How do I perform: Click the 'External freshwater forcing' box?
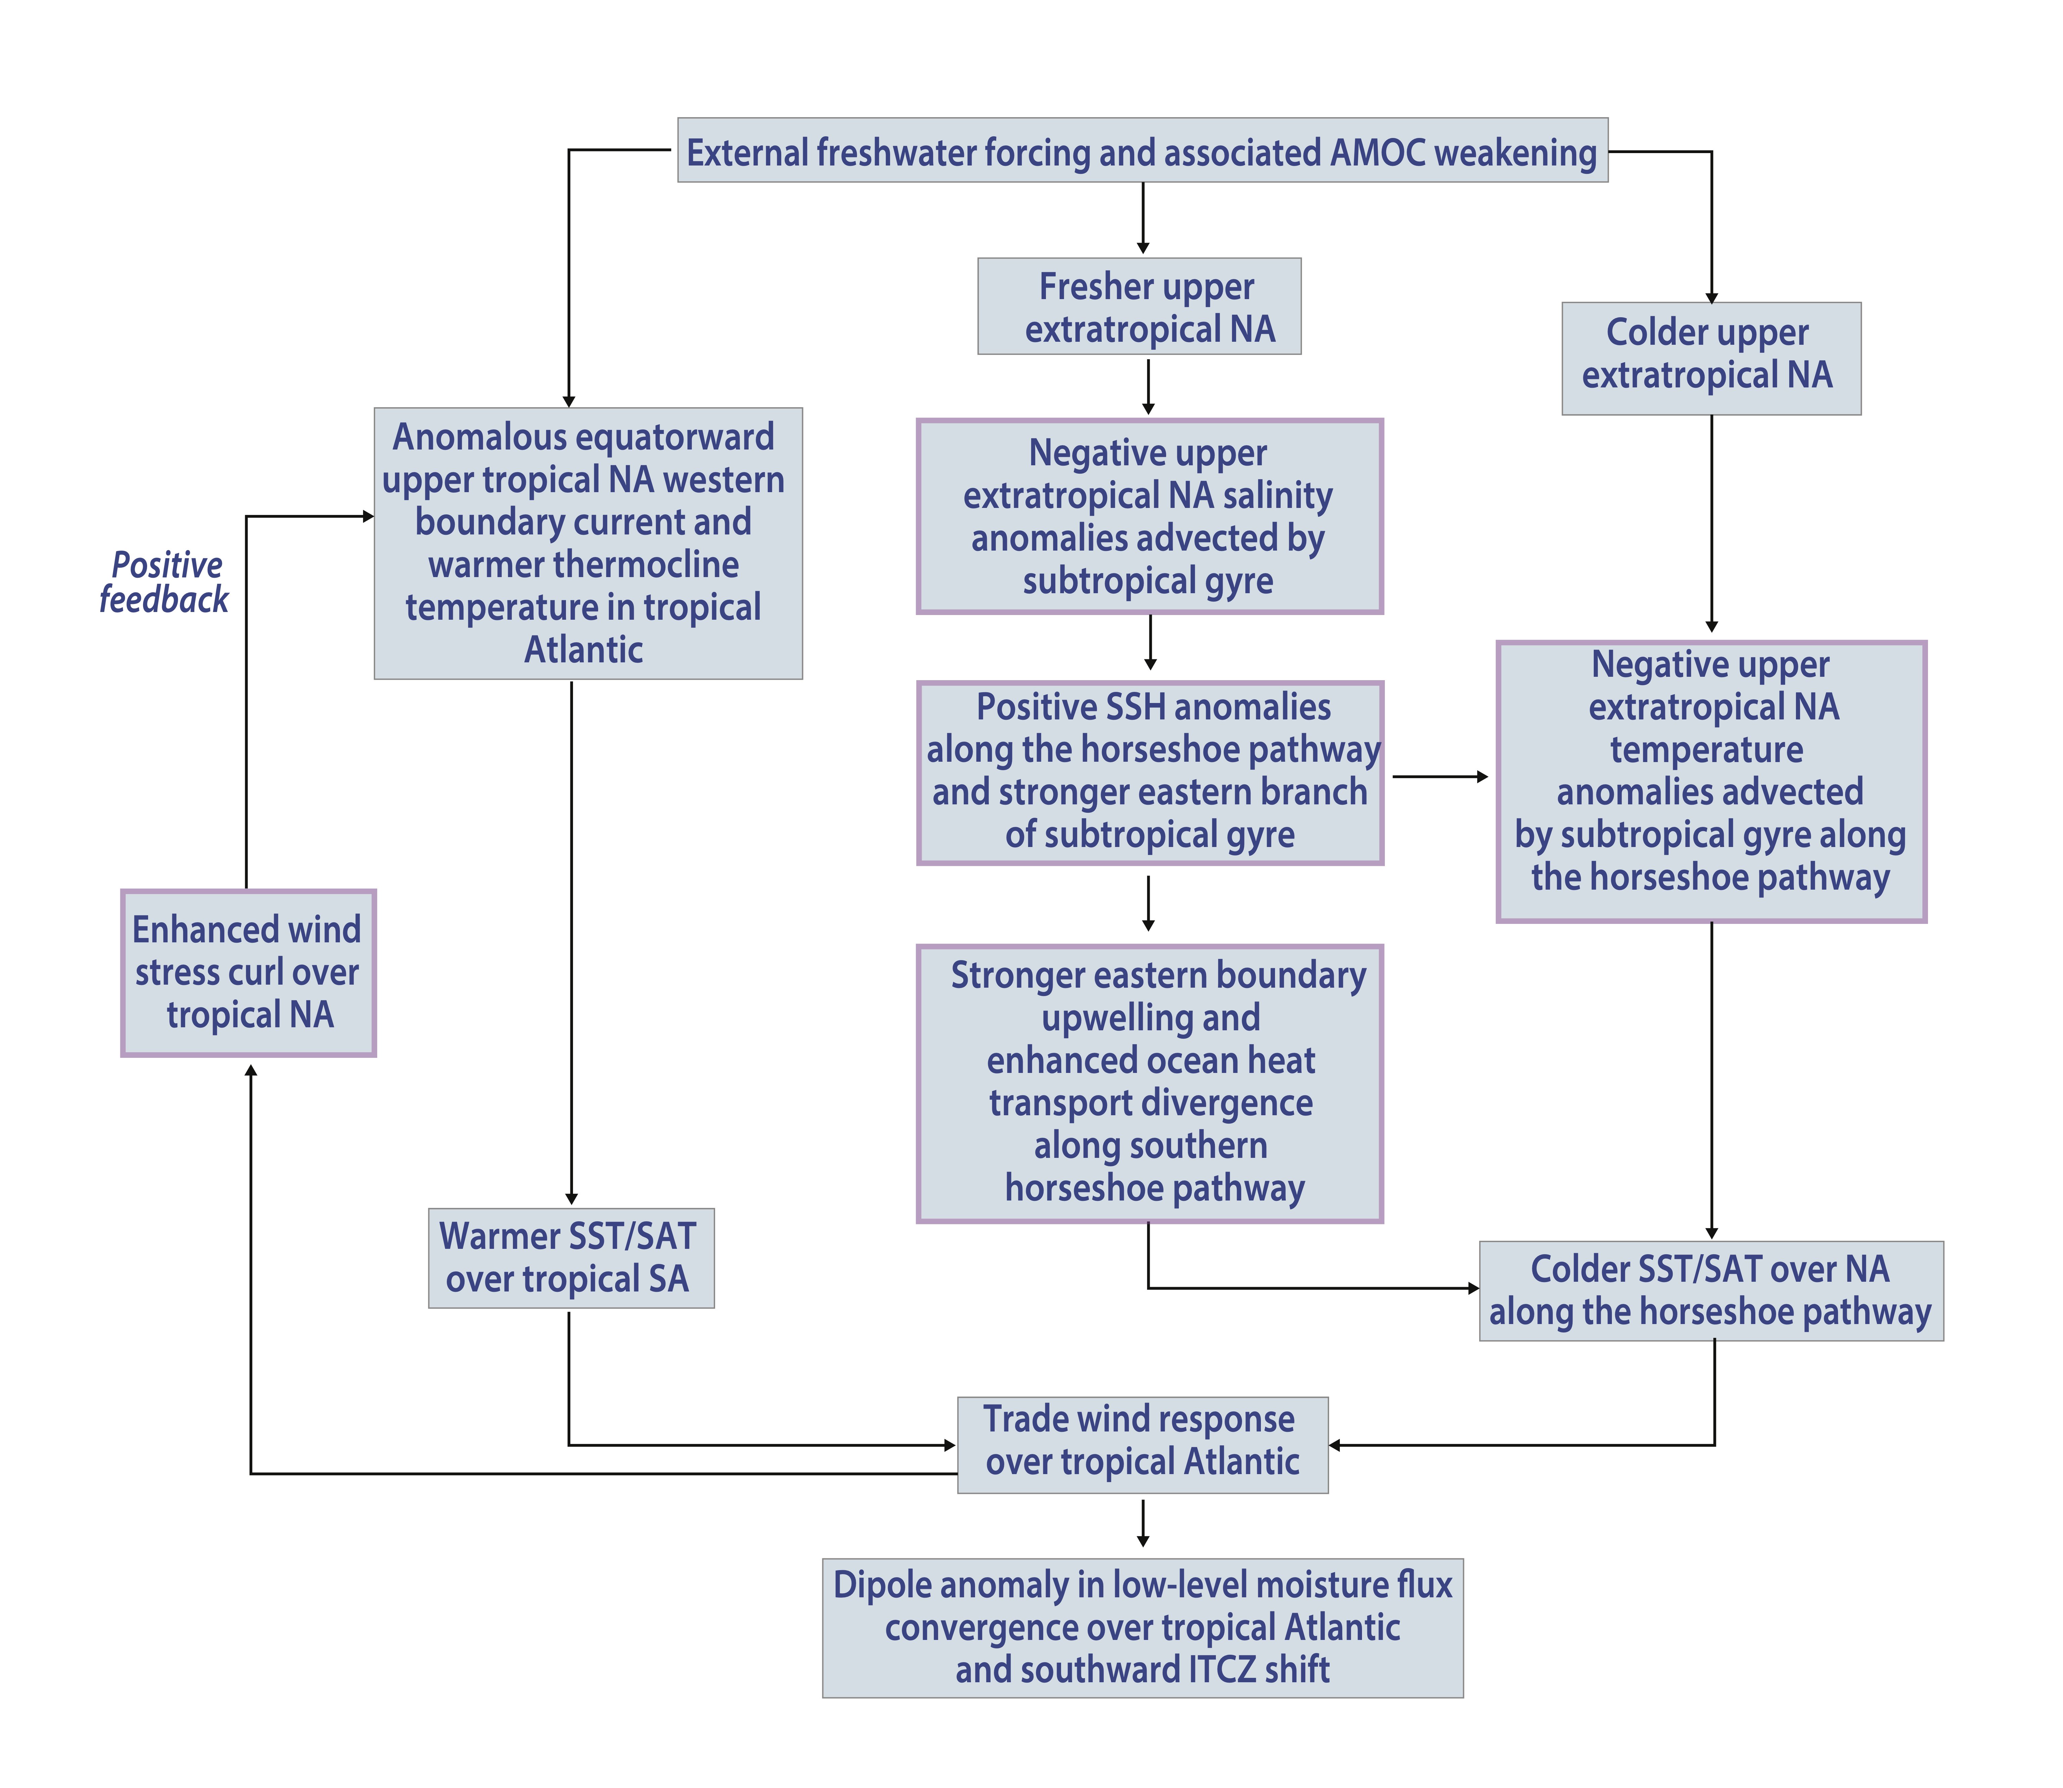pos(1143,150)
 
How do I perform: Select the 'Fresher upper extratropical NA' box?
pos(1140,306)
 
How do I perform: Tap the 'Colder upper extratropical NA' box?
pos(1712,358)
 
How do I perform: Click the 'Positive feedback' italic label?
pos(165,582)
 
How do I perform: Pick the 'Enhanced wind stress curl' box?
pos(249,973)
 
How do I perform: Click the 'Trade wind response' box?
pos(1143,1445)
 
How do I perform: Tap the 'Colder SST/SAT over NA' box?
pos(1712,1291)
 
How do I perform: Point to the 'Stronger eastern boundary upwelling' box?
pos(1150,1084)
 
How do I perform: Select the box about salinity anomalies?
pos(1150,516)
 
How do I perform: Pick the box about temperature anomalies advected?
pos(1712,781)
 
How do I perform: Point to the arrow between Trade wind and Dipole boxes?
pos(1143,1522)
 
